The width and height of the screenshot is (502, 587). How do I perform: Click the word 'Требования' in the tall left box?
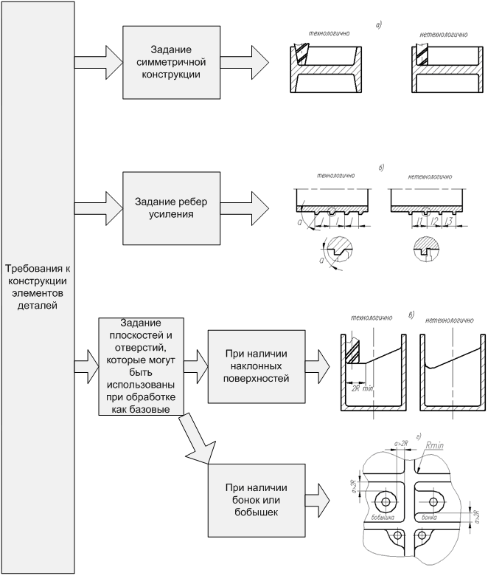(38, 268)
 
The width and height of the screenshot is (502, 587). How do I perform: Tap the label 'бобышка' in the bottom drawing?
(384, 518)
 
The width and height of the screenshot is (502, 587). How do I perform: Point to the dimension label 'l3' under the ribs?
(447, 222)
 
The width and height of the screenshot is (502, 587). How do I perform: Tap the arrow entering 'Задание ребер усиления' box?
(103, 201)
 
